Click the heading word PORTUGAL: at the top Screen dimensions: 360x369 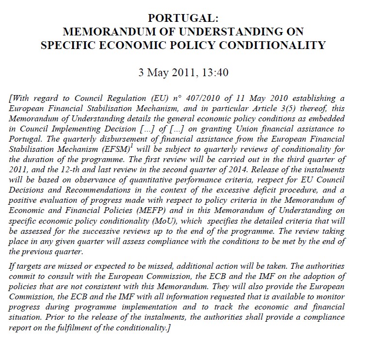coord(184,19)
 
